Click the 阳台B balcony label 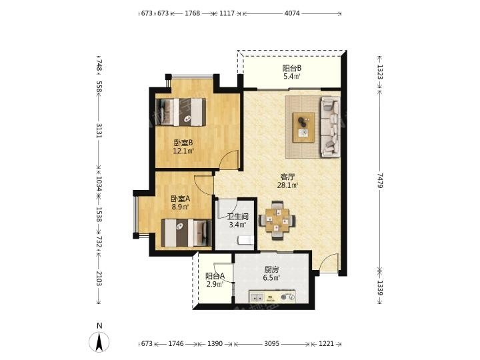291,68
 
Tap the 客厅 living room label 287,177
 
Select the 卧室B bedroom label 183,143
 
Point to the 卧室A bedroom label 180,199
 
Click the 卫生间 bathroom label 238,217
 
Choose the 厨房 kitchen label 271,270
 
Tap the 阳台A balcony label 215,276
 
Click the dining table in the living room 277,220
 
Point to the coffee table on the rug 303,127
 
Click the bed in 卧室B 181,112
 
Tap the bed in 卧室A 187,233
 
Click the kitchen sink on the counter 257,297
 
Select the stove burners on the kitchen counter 287,297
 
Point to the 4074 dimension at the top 292,13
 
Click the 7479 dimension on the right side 379,180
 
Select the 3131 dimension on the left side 99,131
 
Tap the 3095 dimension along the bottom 271,344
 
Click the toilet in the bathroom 246,240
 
